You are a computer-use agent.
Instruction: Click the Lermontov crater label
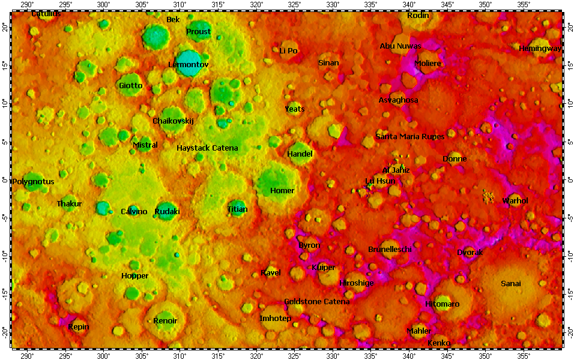coord(188,64)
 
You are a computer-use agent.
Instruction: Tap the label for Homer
coord(282,191)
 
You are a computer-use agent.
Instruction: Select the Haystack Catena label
coord(207,148)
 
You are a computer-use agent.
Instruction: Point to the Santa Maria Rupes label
coord(410,137)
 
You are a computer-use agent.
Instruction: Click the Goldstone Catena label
coord(316,301)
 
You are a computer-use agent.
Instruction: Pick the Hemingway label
coord(540,49)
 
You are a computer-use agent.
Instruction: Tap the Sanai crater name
coord(511,283)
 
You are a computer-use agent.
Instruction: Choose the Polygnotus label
coord(33,181)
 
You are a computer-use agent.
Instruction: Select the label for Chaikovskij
coord(174,121)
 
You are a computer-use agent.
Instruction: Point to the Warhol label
coord(515,200)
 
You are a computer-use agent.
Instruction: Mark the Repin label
coord(79,327)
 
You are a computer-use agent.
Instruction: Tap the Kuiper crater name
coord(324,267)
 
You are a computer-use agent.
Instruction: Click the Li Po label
coord(288,51)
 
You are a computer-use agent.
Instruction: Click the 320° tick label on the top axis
coord(256,5)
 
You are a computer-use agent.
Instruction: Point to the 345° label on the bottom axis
coord(447,356)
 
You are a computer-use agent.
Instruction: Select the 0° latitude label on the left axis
coord(5,180)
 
